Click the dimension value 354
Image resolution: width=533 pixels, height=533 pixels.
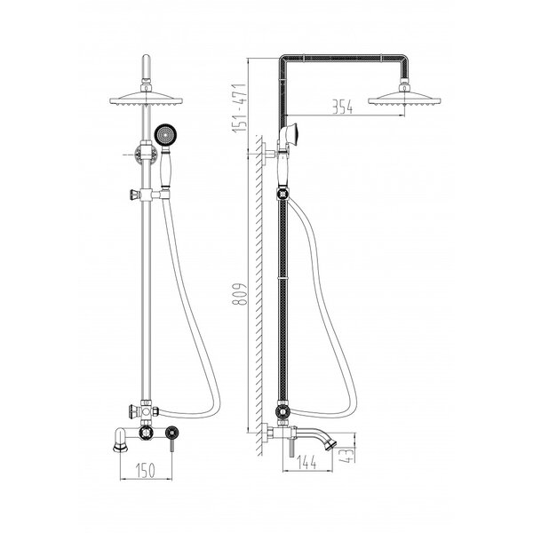coord(342,107)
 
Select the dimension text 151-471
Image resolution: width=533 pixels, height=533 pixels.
coord(239,107)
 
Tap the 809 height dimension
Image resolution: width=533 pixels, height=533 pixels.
coord(239,294)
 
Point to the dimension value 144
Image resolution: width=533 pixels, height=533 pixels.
coord(306,463)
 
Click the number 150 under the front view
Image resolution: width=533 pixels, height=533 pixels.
coord(146,471)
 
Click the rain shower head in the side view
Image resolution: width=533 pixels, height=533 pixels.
coord(404,96)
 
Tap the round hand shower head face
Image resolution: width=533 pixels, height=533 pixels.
coord(165,134)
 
